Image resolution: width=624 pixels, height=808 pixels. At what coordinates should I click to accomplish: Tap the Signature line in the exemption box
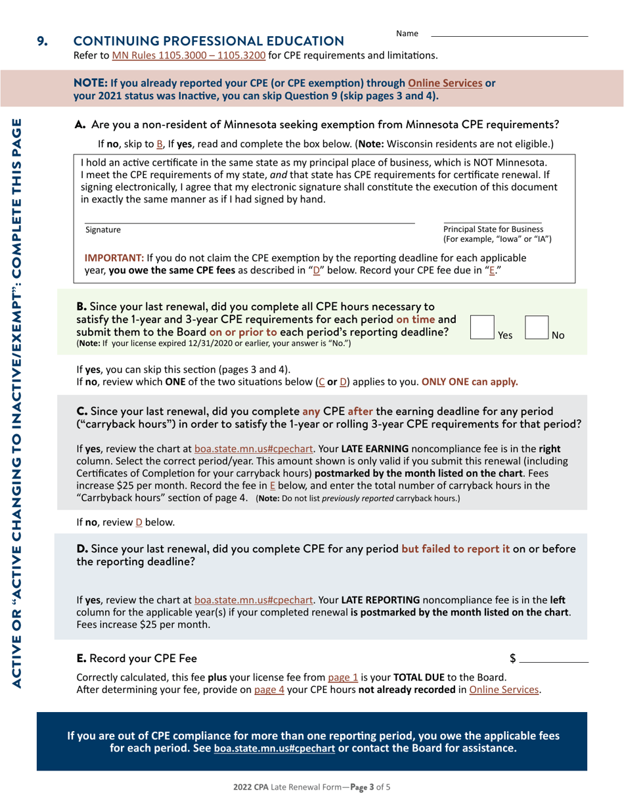click(250, 223)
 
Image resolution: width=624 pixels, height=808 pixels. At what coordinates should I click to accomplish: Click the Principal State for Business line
click(493, 223)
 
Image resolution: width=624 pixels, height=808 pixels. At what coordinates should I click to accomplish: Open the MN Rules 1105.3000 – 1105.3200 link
click(189, 55)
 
